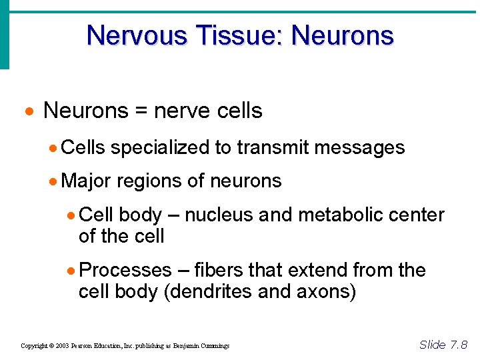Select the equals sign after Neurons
coord(141,111)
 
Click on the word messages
coord(359,147)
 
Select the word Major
coord(87,181)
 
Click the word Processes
coord(125,270)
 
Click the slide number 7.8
coord(458,344)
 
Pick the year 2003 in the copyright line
coord(62,346)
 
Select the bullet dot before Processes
coord(72,271)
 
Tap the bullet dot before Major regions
coord(54,181)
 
